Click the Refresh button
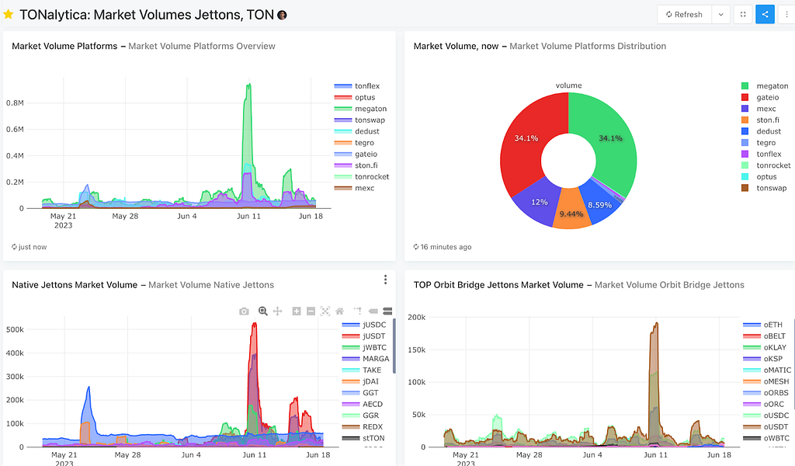click(x=685, y=14)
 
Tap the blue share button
click(x=765, y=14)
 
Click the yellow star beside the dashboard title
click(x=8, y=14)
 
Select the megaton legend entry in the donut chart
click(x=765, y=85)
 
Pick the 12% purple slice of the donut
click(x=537, y=203)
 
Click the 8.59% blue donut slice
click(x=600, y=203)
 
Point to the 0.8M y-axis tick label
click(x=15, y=103)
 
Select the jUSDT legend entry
click(x=363, y=336)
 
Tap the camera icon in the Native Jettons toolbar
click(x=244, y=311)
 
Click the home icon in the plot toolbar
click(x=340, y=311)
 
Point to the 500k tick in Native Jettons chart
click(x=15, y=329)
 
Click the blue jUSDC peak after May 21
click(x=89, y=388)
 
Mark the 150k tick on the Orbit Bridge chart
click(x=417, y=349)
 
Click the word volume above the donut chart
click(x=568, y=85)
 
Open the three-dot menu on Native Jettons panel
click(x=385, y=280)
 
